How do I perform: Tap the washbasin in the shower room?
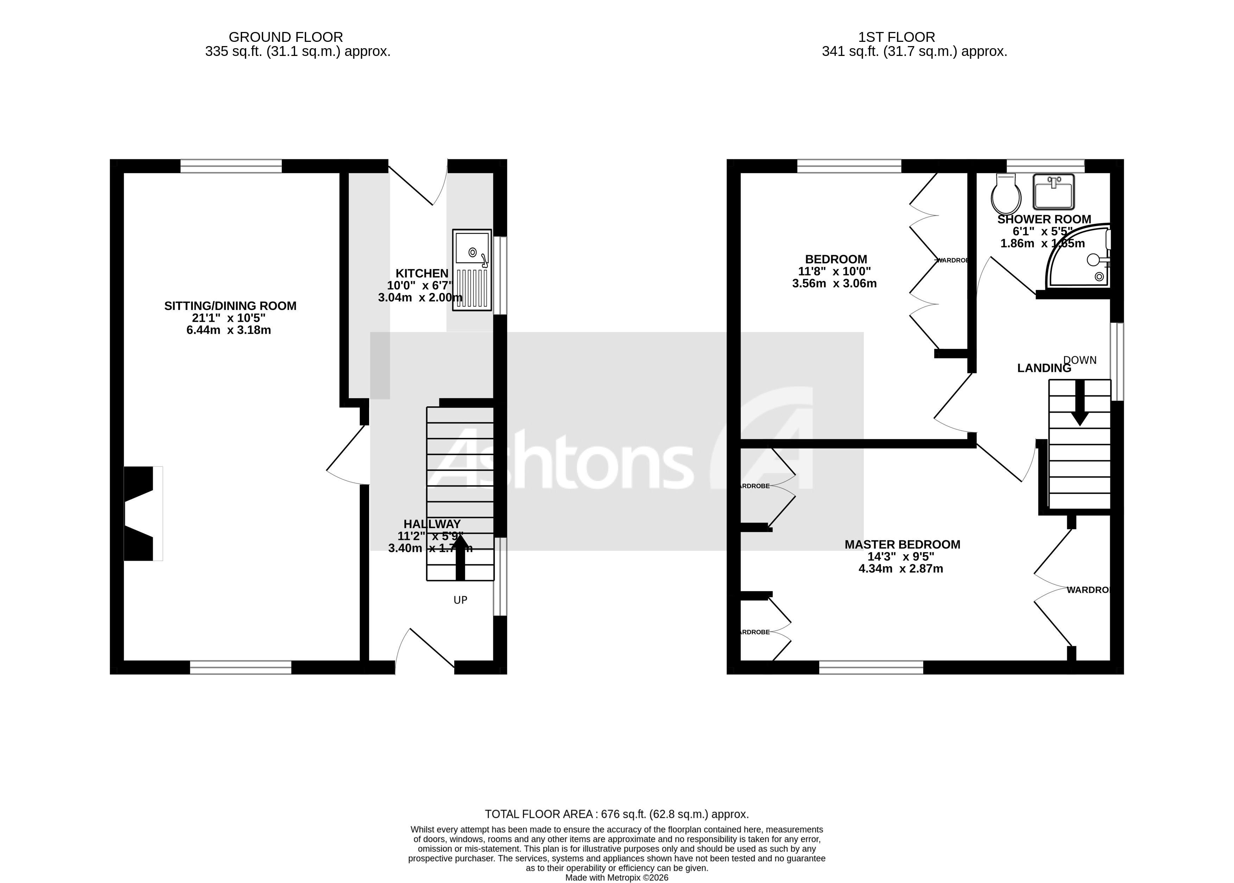[1053, 191]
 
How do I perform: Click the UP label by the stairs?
[460, 600]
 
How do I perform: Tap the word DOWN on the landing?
[1080, 360]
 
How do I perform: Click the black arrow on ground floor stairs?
[460, 557]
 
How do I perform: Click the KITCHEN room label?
[422, 273]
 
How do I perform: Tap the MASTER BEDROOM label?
[902, 544]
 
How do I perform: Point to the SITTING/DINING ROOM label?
[230, 306]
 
